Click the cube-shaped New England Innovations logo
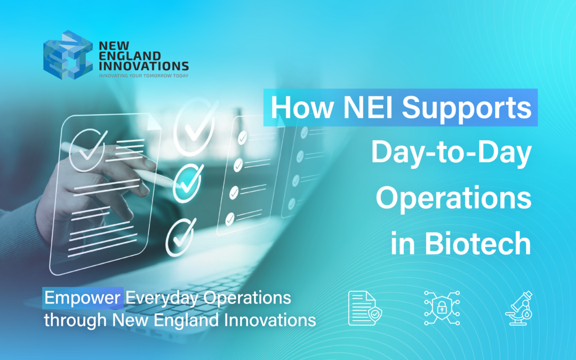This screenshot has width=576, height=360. tap(64, 52)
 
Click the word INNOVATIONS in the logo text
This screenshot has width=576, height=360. tap(143, 66)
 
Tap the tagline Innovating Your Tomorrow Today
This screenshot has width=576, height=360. tap(143, 76)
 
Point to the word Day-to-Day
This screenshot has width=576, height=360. tap(451, 153)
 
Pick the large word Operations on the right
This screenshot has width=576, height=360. tap(453, 198)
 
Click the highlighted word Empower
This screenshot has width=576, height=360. tap(82, 298)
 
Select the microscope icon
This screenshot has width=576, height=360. tap(519, 308)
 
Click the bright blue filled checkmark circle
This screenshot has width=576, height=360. tap(187, 182)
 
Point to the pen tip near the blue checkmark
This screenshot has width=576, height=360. tap(174, 180)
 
